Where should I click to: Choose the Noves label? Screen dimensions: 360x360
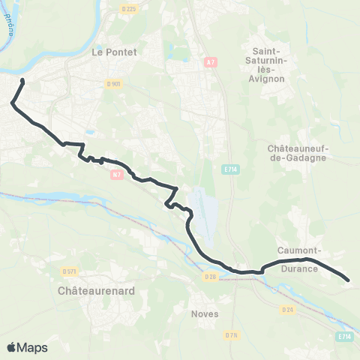tap(205, 313)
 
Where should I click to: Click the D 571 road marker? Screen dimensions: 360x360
tap(70, 271)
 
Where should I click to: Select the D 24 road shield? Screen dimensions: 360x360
tap(286, 309)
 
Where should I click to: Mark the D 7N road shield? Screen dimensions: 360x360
tap(232, 335)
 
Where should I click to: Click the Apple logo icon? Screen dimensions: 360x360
tap(12, 347)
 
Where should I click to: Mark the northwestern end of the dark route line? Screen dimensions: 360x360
tap(22, 80)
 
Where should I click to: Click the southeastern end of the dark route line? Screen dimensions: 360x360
tap(349, 280)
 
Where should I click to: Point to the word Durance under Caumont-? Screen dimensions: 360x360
tap(299, 268)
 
